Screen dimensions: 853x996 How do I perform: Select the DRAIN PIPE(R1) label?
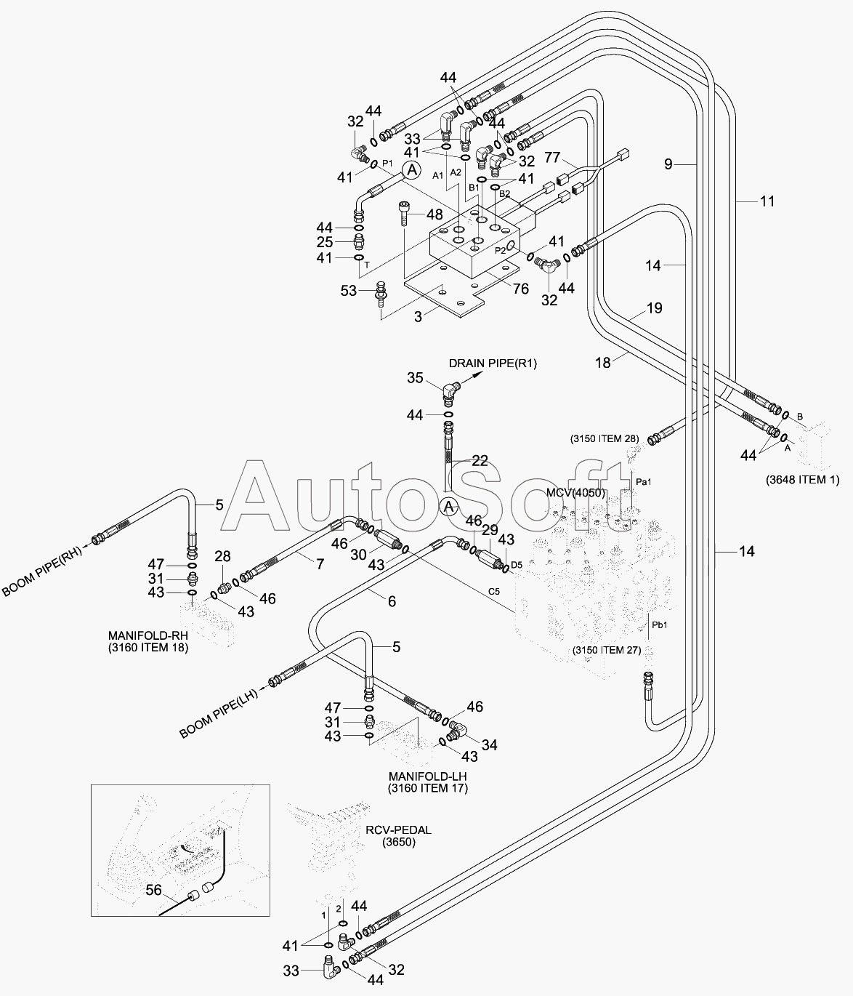[493, 364]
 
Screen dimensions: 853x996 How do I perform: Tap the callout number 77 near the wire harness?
[552, 157]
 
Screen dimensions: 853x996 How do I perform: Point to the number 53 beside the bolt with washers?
[349, 291]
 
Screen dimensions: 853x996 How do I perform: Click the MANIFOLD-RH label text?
[148, 635]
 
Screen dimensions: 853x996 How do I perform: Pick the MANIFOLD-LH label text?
[428, 776]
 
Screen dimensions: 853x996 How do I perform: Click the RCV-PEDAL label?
[398, 830]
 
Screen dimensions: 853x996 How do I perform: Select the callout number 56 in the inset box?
[153, 890]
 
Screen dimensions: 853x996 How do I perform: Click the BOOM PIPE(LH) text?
[219, 713]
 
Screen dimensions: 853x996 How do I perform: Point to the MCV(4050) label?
[575, 492]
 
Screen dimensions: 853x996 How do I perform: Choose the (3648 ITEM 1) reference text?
[803, 479]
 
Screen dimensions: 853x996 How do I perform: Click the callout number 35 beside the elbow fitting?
[415, 378]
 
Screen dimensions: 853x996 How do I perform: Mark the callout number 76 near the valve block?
[521, 289]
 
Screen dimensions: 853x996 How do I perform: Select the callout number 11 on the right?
[767, 201]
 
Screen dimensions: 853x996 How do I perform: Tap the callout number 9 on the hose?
[668, 164]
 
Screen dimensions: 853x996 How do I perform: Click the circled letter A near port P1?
[412, 169]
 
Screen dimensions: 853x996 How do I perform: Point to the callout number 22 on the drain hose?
[480, 461]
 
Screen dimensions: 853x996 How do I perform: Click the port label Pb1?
[660, 625]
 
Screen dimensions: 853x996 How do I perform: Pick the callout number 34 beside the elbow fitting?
[490, 745]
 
